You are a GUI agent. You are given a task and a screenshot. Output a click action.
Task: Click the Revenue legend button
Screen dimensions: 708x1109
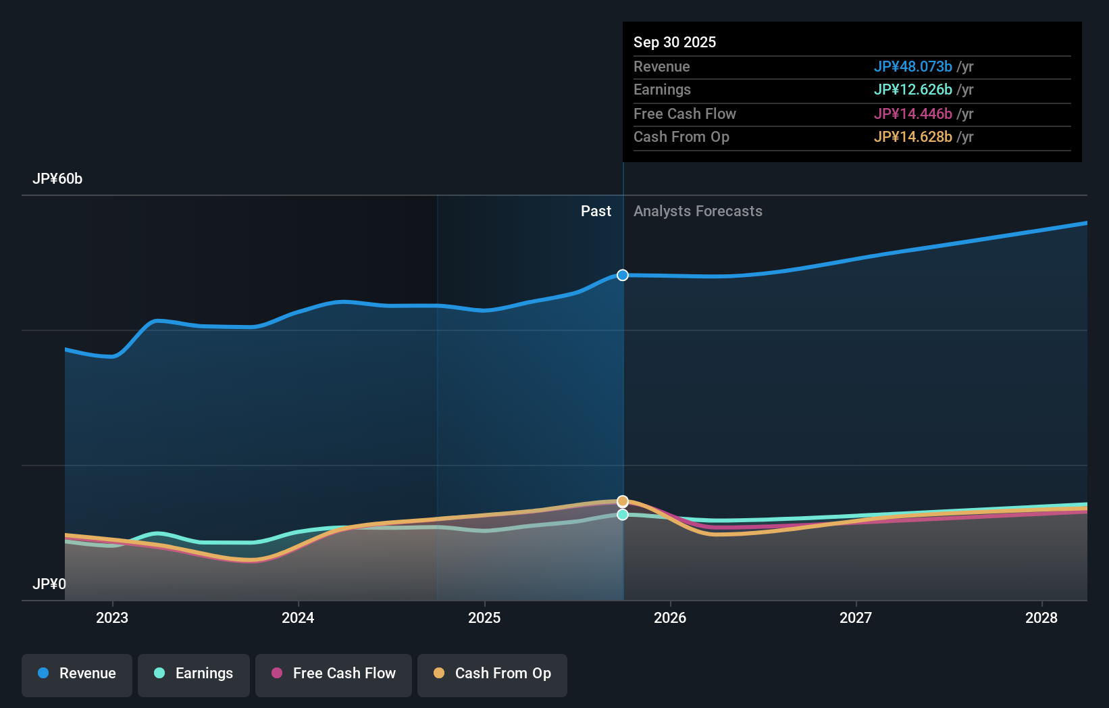pyautogui.click(x=77, y=674)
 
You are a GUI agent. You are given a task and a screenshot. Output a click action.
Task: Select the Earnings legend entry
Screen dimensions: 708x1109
pyautogui.click(x=194, y=674)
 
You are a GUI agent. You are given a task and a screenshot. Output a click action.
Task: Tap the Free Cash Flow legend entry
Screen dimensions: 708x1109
pyautogui.click(x=334, y=674)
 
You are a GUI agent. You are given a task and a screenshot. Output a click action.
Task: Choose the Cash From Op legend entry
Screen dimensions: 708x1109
pyautogui.click(x=492, y=674)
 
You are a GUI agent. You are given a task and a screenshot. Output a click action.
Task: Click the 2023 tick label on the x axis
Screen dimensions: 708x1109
pyautogui.click(x=112, y=618)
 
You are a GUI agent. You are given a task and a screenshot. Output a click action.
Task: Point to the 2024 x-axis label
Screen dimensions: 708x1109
pyautogui.click(x=298, y=618)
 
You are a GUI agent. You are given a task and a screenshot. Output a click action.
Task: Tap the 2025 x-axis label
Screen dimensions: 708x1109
pyautogui.click(x=484, y=618)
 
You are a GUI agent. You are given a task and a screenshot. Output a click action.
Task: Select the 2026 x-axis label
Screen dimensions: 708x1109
pyautogui.click(x=670, y=618)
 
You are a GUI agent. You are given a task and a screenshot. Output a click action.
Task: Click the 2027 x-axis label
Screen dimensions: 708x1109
pyautogui.click(x=856, y=618)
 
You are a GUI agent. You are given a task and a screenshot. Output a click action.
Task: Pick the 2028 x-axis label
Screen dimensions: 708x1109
pyautogui.click(x=1041, y=618)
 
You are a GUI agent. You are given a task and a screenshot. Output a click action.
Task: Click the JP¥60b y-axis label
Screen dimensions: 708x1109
pyautogui.click(x=57, y=179)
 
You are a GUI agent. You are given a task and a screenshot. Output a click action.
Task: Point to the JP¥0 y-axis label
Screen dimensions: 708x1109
pyautogui.click(x=49, y=584)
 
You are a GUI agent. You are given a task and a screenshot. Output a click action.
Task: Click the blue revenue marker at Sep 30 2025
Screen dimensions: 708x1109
pyautogui.click(x=623, y=275)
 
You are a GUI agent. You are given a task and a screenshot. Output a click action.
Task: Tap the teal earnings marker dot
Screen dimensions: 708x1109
pyautogui.click(x=623, y=515)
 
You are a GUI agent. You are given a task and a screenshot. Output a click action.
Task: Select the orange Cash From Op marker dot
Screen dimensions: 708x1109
pyautogui.click(x=623, y=501)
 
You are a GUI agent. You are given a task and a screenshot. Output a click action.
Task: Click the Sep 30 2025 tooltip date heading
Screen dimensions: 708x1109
pyautogui.click(x=675, y=43)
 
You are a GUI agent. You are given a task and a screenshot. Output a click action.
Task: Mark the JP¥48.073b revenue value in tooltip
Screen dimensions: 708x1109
pyautogui.click(x=912, y=67)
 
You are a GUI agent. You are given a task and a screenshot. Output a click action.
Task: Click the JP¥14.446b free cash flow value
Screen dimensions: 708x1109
pyautogui.click(x=912, y=114)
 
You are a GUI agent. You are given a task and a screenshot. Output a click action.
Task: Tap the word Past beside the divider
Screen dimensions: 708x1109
pyautogui.click(x=596, y=211)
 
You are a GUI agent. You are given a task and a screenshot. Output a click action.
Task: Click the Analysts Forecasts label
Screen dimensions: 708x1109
pyautogui.click(x=698, y=211)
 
